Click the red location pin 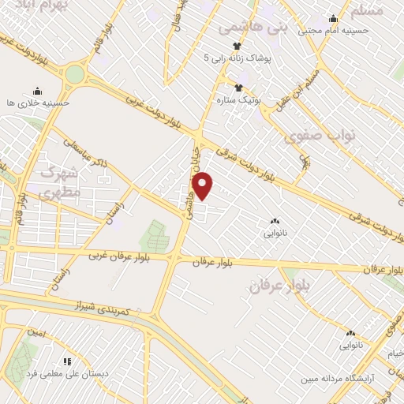[203, 186]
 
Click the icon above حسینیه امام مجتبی [333, 19]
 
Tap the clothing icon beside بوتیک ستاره [238, 86]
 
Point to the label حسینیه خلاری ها [37, 103]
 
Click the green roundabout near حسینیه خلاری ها [74, 74]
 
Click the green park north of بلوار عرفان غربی [155, 235]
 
